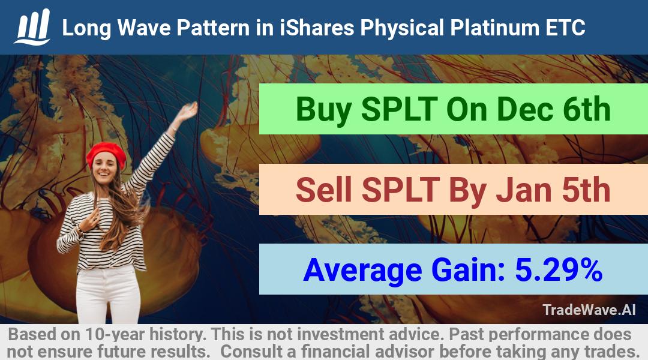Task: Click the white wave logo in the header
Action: coord(32,27)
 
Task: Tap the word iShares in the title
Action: coord(317,28)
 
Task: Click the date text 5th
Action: coord(586,190)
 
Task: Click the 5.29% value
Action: coord(559,269)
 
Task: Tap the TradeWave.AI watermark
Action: coord(589,310)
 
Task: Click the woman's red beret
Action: coord(106,154)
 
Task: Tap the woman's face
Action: coord(104,167)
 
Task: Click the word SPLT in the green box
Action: coord(400,109)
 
